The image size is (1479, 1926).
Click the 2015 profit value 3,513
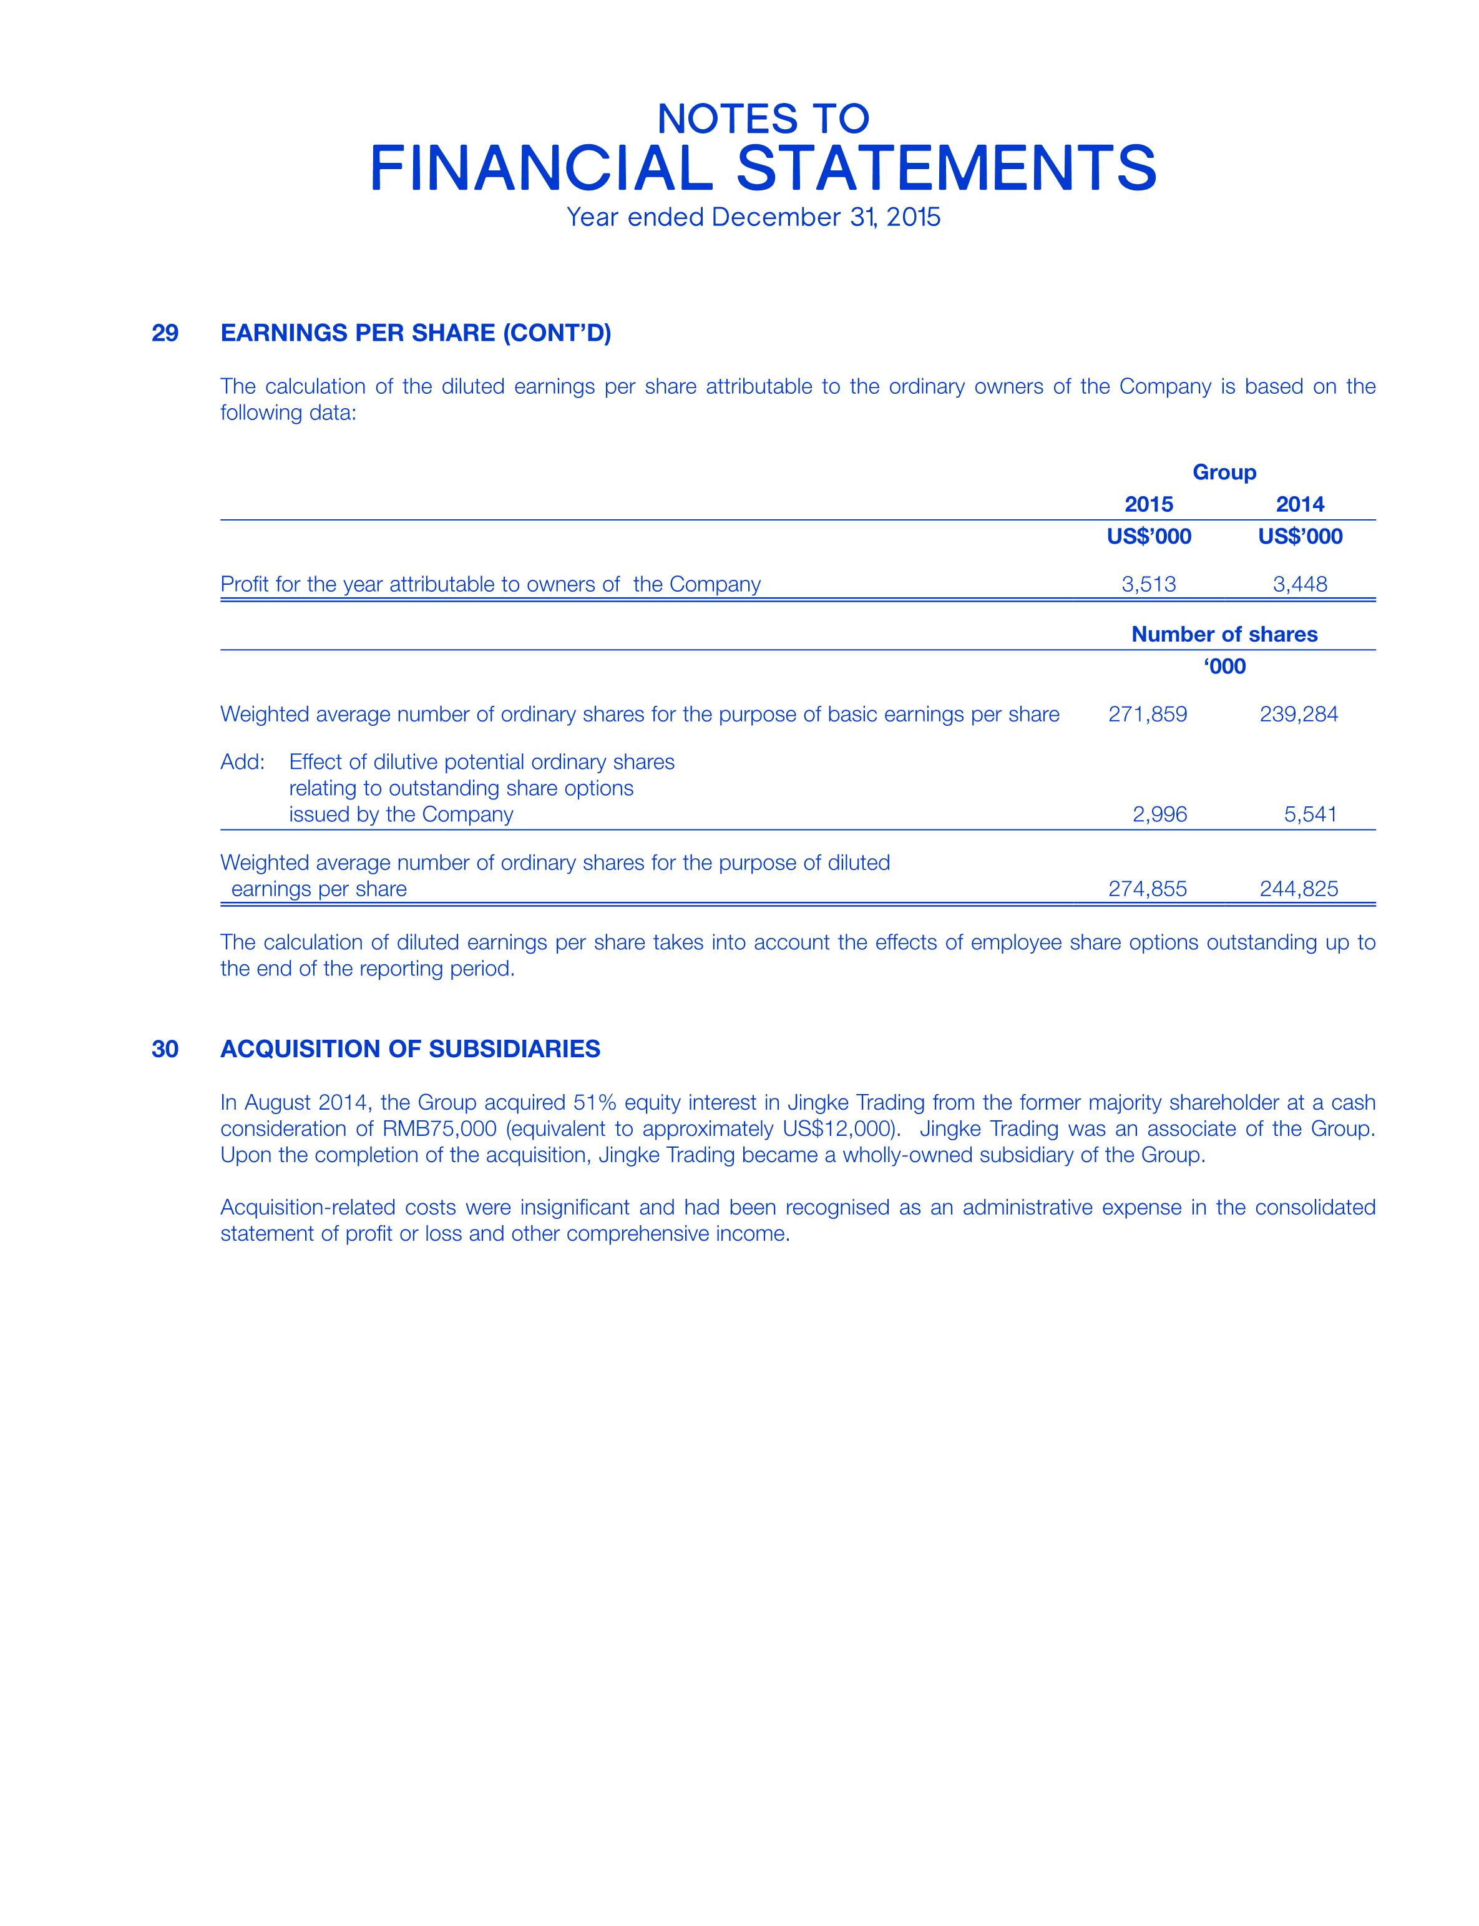pos(1149,584)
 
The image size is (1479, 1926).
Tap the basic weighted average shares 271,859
pos(1147,714)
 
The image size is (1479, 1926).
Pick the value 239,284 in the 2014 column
pos(1299,714)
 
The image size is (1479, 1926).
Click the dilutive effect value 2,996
pos(1159,814)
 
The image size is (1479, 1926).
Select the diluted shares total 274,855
pos(1147,889)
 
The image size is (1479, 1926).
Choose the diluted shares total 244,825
pos(1299,889)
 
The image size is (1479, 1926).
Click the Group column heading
pos(1224,472)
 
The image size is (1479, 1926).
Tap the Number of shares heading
pos(1224,635)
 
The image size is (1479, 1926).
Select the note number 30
pos(165,1049)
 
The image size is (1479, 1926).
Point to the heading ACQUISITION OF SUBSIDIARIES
pos(410,1049)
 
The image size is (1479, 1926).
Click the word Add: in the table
pos(242,761)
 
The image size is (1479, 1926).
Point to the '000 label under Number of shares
pos(1224,667)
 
